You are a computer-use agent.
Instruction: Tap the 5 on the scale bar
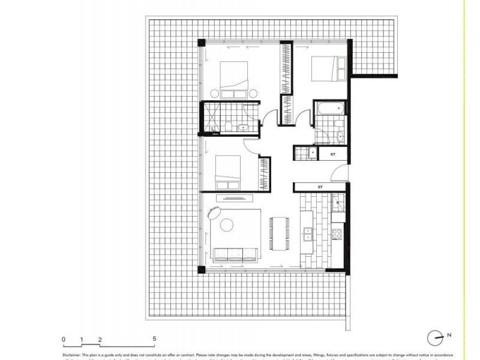(154, 339)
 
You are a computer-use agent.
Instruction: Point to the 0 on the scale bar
(63, 339)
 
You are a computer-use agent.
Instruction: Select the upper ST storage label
(333, 154)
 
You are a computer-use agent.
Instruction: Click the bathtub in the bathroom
(330, 110)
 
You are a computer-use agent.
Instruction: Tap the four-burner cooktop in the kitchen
(337, 232)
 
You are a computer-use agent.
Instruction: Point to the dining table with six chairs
(278, 233)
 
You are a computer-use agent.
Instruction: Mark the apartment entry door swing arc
(340, 176)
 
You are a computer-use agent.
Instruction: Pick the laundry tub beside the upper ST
(311, 153)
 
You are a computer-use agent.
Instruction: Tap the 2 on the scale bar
(100, 339)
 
